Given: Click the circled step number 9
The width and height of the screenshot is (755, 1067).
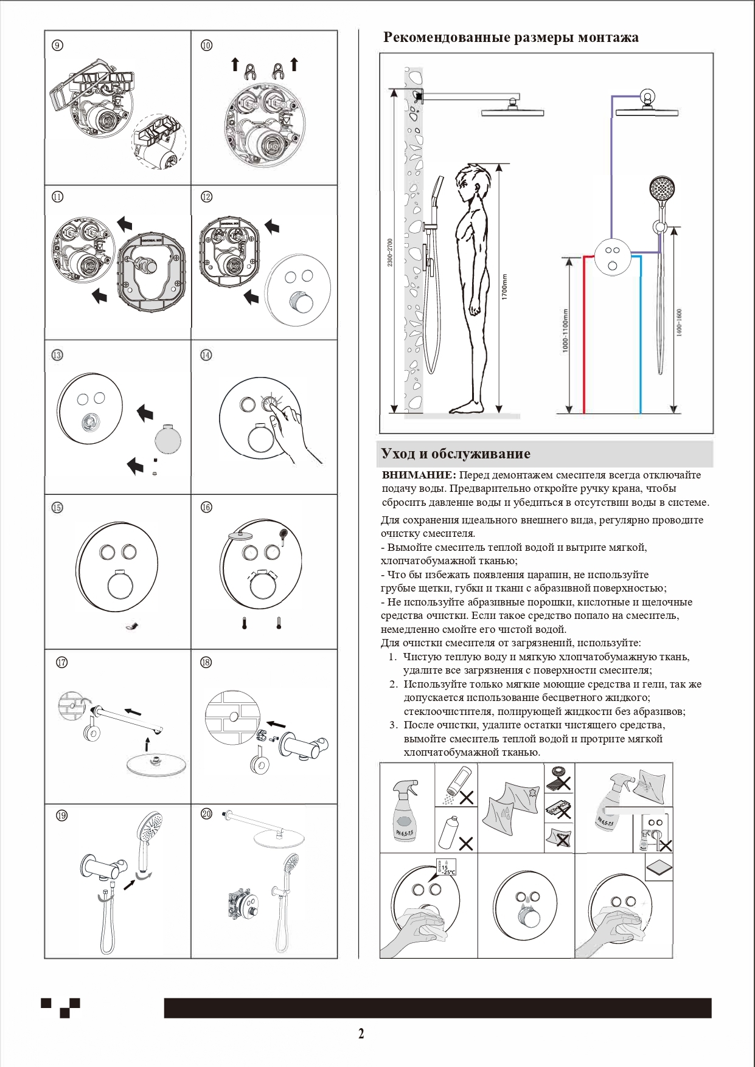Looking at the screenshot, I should (x=57, y=46).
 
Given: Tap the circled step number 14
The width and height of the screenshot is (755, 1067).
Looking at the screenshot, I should (x=206, y=355).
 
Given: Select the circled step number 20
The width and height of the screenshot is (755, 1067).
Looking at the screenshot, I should (x=206, y=814).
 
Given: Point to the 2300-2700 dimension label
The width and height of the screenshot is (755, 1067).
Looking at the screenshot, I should (x=390, y=252).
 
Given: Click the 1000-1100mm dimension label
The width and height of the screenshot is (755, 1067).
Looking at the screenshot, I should (x=565, y=331).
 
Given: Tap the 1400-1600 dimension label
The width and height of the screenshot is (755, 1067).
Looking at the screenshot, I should (x=679, y=322).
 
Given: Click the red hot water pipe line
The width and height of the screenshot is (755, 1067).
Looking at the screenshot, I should (x=584, y=334).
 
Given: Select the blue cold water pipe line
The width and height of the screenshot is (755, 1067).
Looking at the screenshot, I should (x=640, y=334).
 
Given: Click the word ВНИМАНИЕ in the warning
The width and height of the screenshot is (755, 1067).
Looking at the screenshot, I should (x=419, y=475).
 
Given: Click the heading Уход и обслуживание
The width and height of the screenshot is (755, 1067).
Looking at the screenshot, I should (x=456, y=454).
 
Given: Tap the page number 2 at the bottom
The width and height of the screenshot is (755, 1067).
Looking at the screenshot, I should (x=361, y=1034).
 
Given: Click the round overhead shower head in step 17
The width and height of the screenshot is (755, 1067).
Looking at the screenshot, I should (x=156, y=765).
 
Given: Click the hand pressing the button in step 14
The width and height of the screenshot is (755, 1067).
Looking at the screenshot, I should (x=292, y=432).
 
